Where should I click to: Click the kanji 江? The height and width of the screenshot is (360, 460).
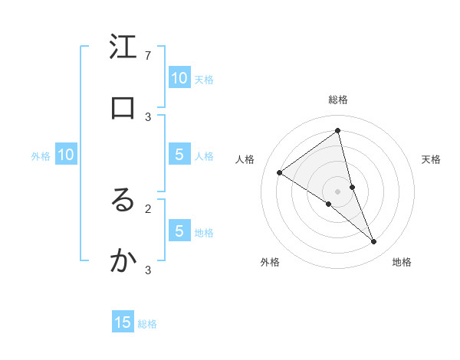click(123, 47)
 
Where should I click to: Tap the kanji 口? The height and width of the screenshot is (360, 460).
click(123, 107)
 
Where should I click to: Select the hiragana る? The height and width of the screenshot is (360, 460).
click(123, 200)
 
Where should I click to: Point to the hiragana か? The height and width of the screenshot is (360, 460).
click(123, 261)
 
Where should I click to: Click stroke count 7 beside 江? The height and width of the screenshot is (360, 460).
click(148, 55)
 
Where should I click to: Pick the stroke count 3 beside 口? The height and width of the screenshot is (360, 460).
click(148, 116)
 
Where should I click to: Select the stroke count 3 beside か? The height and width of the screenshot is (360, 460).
click(148, 270)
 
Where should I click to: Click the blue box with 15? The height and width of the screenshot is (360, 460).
click(123, 322)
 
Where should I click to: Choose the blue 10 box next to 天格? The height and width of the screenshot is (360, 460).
click(179, 78)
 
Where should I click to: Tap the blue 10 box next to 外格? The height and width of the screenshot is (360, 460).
click(66, 155)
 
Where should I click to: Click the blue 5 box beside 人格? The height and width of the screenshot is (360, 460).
click(179, 155)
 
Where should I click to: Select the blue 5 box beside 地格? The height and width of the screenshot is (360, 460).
click(179, 231)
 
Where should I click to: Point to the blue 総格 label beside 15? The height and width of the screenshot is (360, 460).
click(147, 324)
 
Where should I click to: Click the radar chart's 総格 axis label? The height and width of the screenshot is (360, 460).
click(337, 100)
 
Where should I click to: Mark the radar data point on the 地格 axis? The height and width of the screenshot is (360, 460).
click(374, 242)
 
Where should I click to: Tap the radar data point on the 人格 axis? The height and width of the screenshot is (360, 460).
click(279, 172)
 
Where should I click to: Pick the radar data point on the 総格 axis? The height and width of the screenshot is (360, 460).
click(337, 130)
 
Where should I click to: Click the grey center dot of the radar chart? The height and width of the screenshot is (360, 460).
click(337, 191)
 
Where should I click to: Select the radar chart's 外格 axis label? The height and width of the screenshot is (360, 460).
click(270, 262)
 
